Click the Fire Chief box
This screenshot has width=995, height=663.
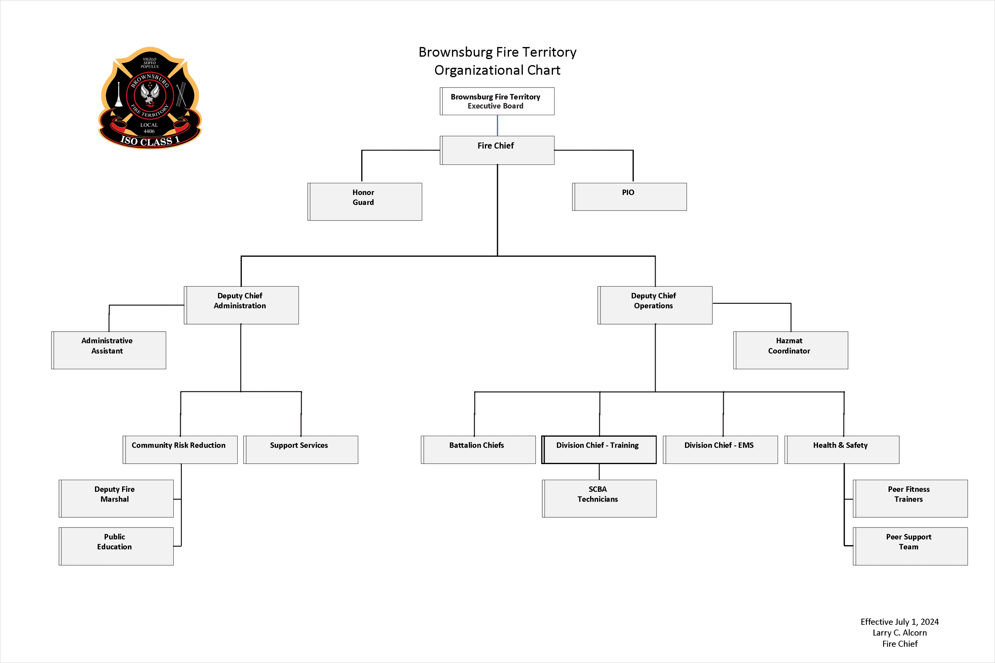point(497,150)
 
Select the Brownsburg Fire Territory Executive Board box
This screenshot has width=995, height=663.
point(497,101)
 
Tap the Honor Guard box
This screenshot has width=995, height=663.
point(364,201)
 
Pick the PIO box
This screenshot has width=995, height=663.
point(629,197)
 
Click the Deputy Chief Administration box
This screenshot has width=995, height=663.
point(241,305)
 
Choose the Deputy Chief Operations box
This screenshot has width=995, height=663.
point(654,305)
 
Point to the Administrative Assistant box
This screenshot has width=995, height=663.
point(109,350)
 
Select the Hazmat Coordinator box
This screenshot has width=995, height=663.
point(790,350)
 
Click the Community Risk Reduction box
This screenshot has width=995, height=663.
point(180,450)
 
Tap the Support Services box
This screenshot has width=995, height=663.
point(301,450)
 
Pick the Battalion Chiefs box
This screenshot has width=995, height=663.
point(478,450)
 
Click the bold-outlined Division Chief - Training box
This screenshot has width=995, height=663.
point(599,450)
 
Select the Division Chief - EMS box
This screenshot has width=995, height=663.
point(720,450)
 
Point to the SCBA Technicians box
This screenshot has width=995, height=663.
point(599,498)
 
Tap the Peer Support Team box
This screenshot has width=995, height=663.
point(910,546)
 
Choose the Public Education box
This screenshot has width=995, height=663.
point(116,546)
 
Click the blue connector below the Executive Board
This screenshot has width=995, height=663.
point(497,125)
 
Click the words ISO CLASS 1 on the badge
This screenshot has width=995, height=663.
point(150,140)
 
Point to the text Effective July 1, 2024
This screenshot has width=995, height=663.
point(899,622)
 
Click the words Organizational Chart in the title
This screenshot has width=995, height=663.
point(497,70)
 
